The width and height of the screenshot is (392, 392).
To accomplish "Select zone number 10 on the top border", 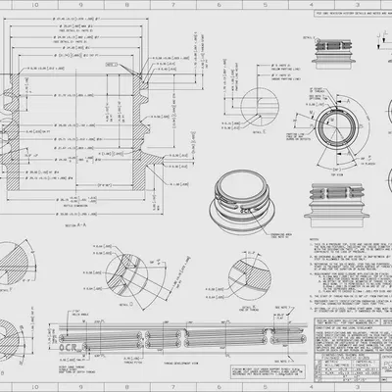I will coord(10,4).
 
